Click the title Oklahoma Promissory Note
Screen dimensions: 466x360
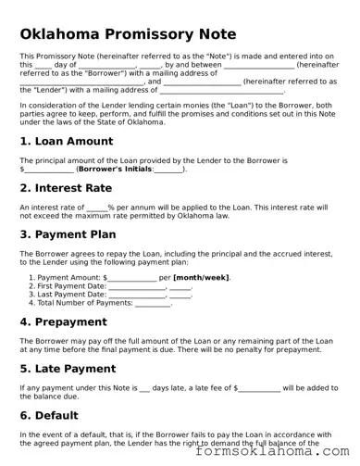tap(128, 34)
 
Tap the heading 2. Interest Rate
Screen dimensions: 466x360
tap(66, 188)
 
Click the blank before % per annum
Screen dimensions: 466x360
tap(96, 208)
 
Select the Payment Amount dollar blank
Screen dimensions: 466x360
tap(132, 277)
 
